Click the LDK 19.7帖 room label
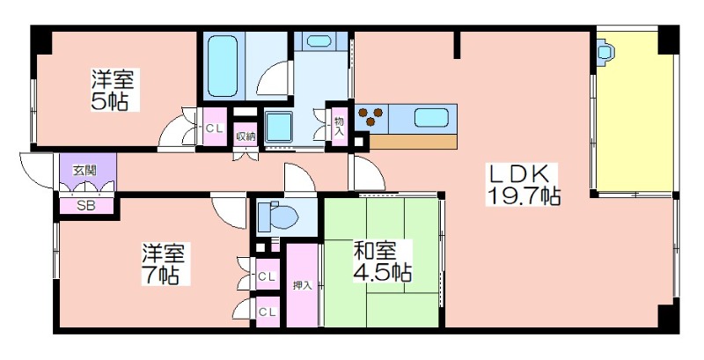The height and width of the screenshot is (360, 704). (524, 185)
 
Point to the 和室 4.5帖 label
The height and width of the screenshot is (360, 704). (382, 261)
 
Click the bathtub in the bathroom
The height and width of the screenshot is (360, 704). (223, 66)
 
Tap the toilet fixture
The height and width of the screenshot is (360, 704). (277, 217)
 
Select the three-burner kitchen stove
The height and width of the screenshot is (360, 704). (371, 116)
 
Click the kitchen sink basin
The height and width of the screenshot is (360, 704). (431, 118)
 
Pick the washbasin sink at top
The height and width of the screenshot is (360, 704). (321, 40)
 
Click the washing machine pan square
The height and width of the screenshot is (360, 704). (278, 127)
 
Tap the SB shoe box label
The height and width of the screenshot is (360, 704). (85, 207)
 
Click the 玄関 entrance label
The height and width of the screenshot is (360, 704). (85, 171)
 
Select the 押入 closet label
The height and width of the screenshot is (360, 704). (302, 285)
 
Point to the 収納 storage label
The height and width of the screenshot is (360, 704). (246, 136)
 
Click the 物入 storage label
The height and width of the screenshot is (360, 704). (340, 126)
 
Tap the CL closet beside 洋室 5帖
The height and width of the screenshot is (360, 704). (214, 128)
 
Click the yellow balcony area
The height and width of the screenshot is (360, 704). (634, 111)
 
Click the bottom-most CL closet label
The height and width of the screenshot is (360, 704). (267, 312)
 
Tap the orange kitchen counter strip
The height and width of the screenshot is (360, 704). (413, 142)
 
